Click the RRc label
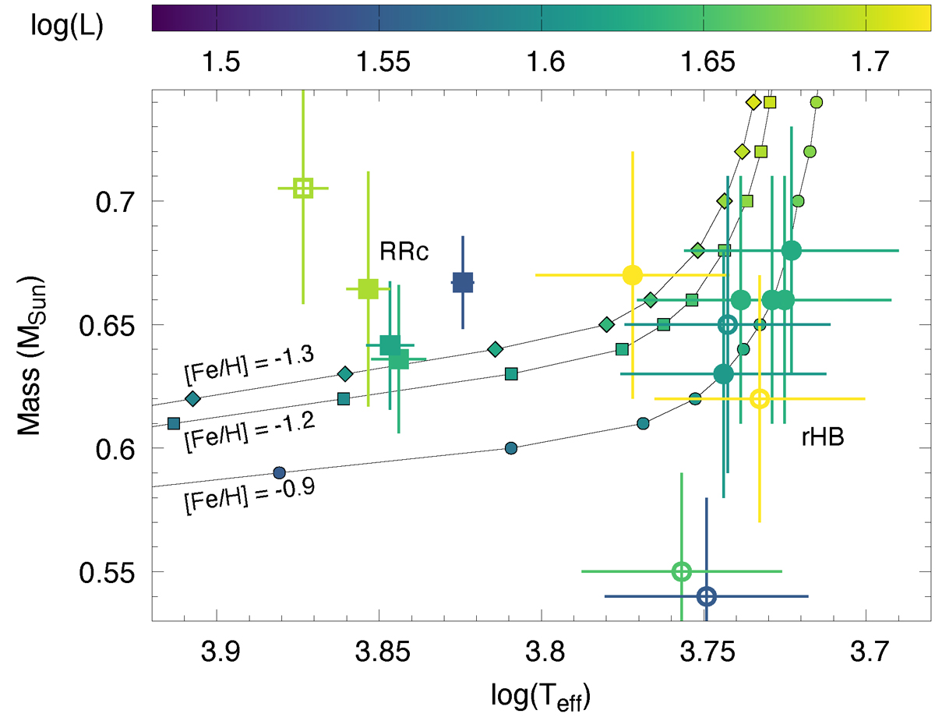pyautogui.click(x=404, y=252)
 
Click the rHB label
pyautogui.click(x=824, y=438)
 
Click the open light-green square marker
pyautogui.click(x=303, y=188)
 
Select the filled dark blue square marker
pyautogui.click(x=463, y=283)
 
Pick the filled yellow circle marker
pyautogui.click(x=633, y=275)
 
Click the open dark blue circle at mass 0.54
pyautogui.click(x=706, y=596)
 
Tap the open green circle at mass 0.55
pyautogui.click(x=682, y=571)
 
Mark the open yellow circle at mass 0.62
pyautogui.click(x=760, y=398)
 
